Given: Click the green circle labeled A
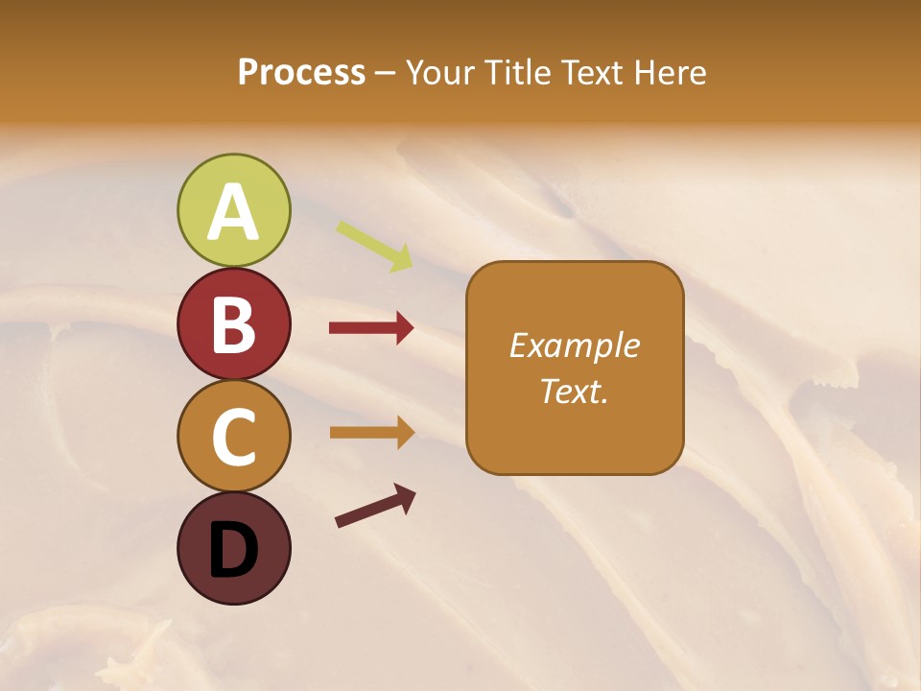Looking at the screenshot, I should (x=233, y=210).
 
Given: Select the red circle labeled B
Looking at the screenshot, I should (x=233, y=323).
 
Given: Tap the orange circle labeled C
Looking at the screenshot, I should (x=233, y=437).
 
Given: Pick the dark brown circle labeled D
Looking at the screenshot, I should (x=233, y=549).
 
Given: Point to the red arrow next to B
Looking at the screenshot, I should (x=371, y=328).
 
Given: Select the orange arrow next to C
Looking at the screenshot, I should (x=371, y=432).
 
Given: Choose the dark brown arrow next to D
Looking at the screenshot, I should (x=375, y=506).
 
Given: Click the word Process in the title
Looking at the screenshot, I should (x=301, y=73).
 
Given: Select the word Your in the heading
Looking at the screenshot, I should (x=441, y=73).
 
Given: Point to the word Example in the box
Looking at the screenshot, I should (x=574, y=345).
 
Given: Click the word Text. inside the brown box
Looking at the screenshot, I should (x=574, y=391).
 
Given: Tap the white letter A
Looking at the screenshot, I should (x=233, y=212).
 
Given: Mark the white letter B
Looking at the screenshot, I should (x=233, y=324).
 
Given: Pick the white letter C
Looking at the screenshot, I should (x=233, y=438).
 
